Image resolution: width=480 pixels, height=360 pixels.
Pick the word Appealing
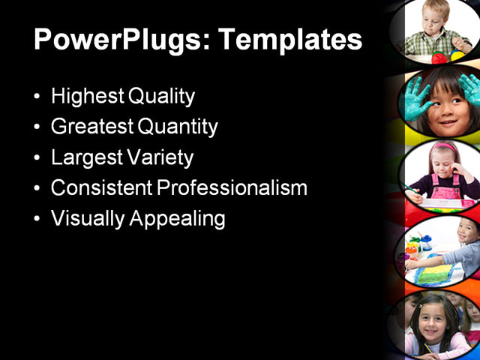coord(178,219)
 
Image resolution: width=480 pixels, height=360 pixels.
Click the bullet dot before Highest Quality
coord(38,97)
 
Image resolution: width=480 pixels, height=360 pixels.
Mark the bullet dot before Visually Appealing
coord(38,220)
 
